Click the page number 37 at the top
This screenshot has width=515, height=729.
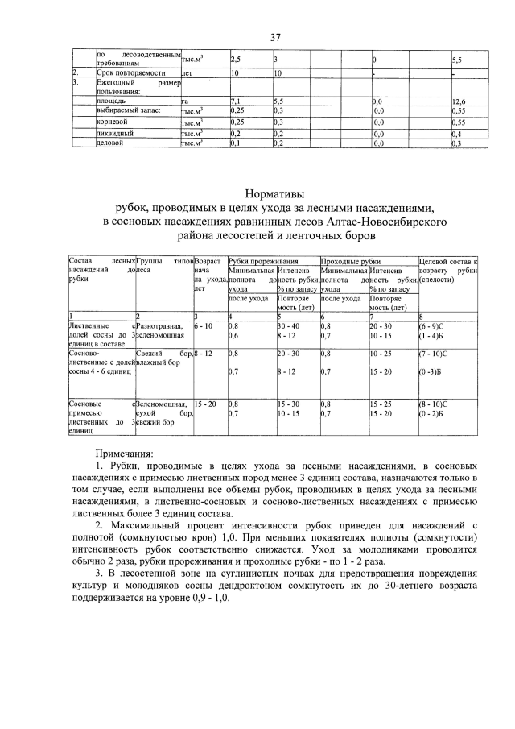point(274,37)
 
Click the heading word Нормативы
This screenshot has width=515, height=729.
point(274,193)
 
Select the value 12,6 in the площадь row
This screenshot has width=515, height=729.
point(459,101)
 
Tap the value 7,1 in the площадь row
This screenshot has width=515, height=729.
point(236,101)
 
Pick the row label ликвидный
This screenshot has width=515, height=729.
point(115,133)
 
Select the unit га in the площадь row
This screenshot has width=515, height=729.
point(185,101)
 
